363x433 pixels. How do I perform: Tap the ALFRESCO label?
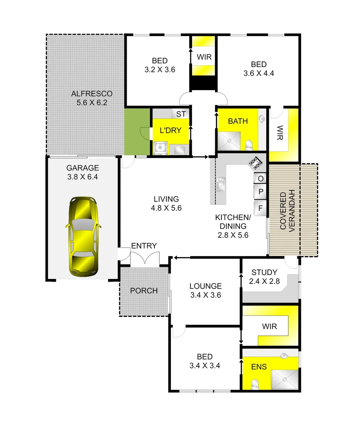pyautogui.click(x=92, y=98)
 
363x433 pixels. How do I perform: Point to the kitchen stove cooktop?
pyautogui.click(x=256, y=162)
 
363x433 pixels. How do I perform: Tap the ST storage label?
pyautogui.click(x=181, y=114)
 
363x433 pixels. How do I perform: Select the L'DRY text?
pyautogui.click(x=170, y=130)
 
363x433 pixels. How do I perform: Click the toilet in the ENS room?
pyautogui.click(x=254, y=384)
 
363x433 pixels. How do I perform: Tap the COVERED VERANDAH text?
pyautogui.click(x=288, y=210)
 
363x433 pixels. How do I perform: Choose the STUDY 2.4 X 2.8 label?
pyautogui.click(x=264, y=277)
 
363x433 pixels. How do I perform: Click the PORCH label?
pyautogui.click(x=144, y=291)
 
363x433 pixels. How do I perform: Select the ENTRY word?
pyautogui.click(x=144, y=246)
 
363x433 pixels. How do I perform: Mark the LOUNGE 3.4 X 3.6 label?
pyautogui.click(x=205, y=291)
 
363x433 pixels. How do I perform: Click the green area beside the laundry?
pyautogui.click(x=136, y=131)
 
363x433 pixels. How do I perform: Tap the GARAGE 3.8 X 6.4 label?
pyautogui.click(x=82, y=172)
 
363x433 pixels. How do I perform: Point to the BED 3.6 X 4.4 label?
pyautogui.click(x=258, y=69)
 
